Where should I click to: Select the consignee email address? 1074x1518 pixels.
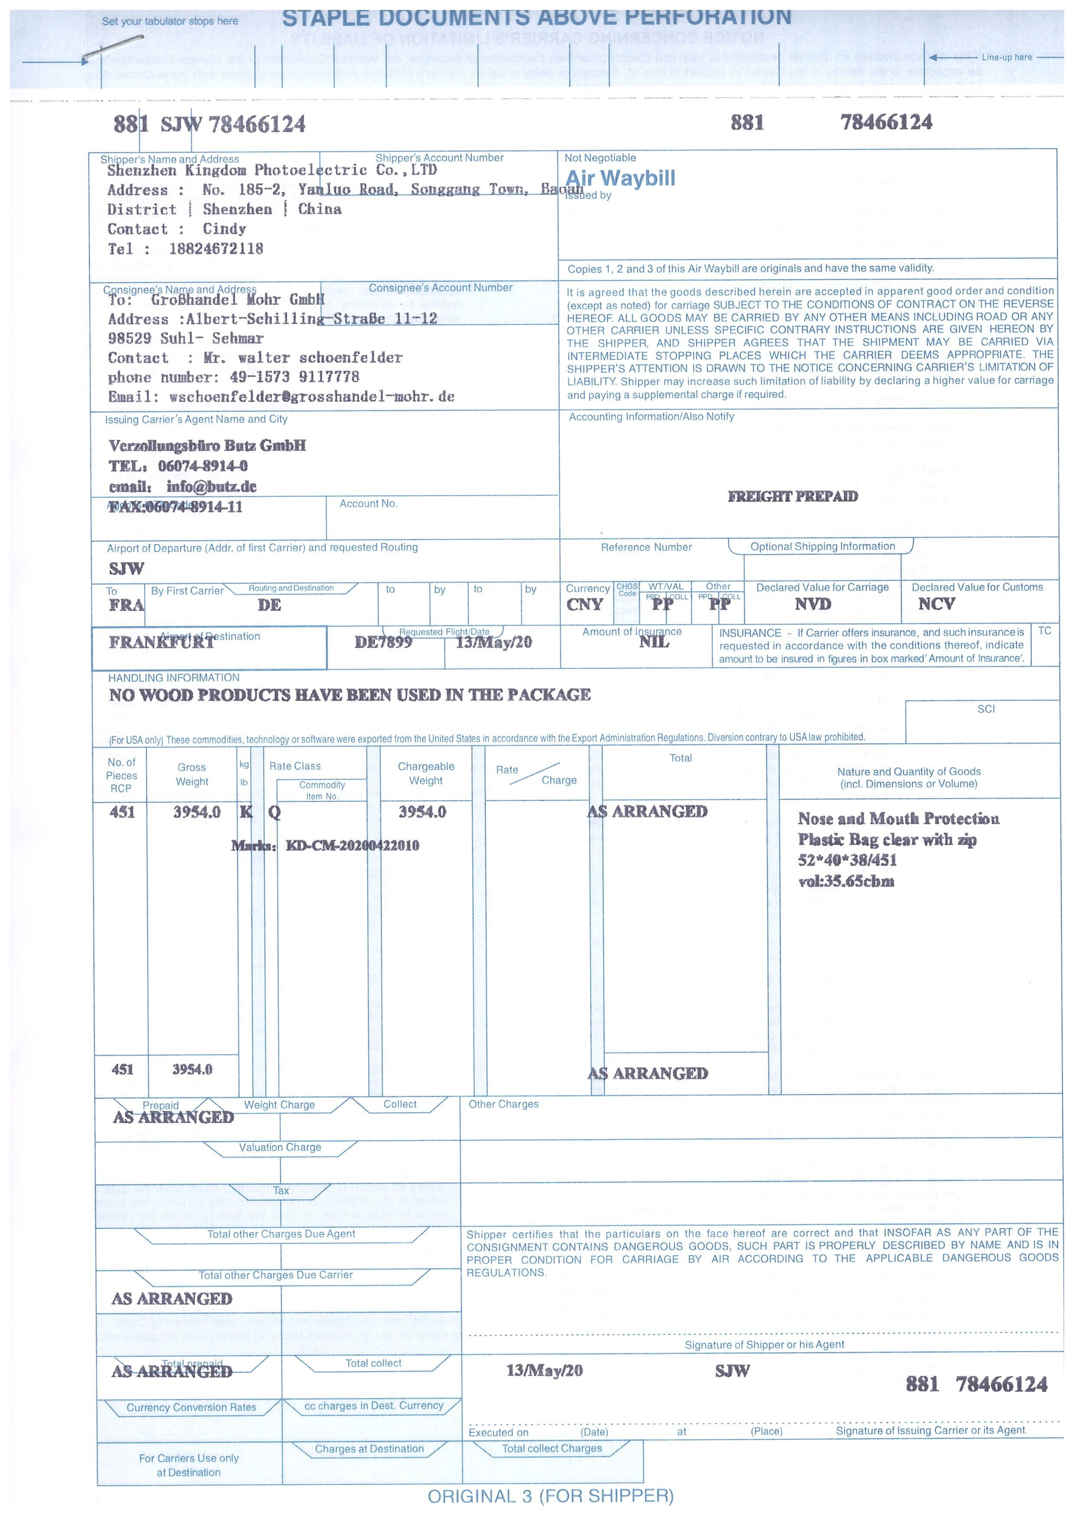(x=312, y=396)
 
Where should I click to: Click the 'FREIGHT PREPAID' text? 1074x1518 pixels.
(x=792, y=496)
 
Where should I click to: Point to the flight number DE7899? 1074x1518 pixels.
(x=383, y=642)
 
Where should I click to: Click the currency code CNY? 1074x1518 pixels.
(x=584, y=604)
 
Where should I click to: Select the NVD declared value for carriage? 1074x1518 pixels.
(x=813, y=604)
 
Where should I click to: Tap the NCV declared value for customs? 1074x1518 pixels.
(x=936, y=604)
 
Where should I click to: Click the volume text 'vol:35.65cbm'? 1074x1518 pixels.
(x=846, y=881)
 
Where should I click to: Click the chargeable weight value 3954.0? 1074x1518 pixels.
(x=422, y=812)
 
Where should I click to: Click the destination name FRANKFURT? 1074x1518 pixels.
(x=161, y=643)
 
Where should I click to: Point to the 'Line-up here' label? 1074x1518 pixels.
(x=1006, y=58)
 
